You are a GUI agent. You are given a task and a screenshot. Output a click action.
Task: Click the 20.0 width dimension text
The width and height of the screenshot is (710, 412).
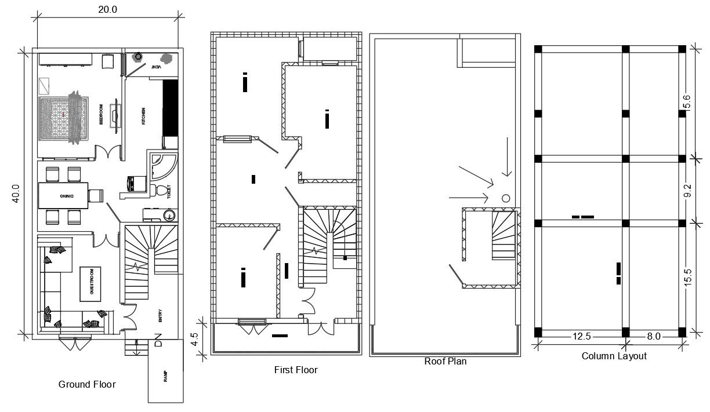tap(107, 8)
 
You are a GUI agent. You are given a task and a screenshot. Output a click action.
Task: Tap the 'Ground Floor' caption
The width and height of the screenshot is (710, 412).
tap(87, 384)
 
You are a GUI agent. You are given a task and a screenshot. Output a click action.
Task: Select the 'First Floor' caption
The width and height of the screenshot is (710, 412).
tap(295, 370)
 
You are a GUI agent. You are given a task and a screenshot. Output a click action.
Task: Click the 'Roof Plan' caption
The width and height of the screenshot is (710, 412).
tap(445, 362)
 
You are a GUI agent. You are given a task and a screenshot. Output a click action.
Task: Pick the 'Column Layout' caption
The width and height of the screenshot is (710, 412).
tap(614, 356)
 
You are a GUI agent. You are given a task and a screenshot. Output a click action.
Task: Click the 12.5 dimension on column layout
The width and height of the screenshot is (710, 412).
tap(581, 336)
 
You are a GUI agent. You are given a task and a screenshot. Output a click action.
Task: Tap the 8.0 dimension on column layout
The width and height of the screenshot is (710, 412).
tap(654, 336)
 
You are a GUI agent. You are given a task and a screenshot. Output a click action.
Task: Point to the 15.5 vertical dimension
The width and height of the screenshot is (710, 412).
tap(688, 276)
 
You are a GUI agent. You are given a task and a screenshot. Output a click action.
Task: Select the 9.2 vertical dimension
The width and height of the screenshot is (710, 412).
tap(688, 191)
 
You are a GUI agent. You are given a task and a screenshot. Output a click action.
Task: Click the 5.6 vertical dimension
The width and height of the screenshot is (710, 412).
tap(688, 102)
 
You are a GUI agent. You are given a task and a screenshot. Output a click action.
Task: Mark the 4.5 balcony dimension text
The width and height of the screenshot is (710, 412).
tap(195, 338)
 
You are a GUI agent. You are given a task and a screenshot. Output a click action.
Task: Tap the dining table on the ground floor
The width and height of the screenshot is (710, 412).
tap(63, 196)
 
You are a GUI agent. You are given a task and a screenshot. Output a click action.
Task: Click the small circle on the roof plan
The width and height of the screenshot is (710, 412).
tap(505, 198)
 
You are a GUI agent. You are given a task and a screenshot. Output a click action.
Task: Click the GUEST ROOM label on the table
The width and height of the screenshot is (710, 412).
tap(91, 284)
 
